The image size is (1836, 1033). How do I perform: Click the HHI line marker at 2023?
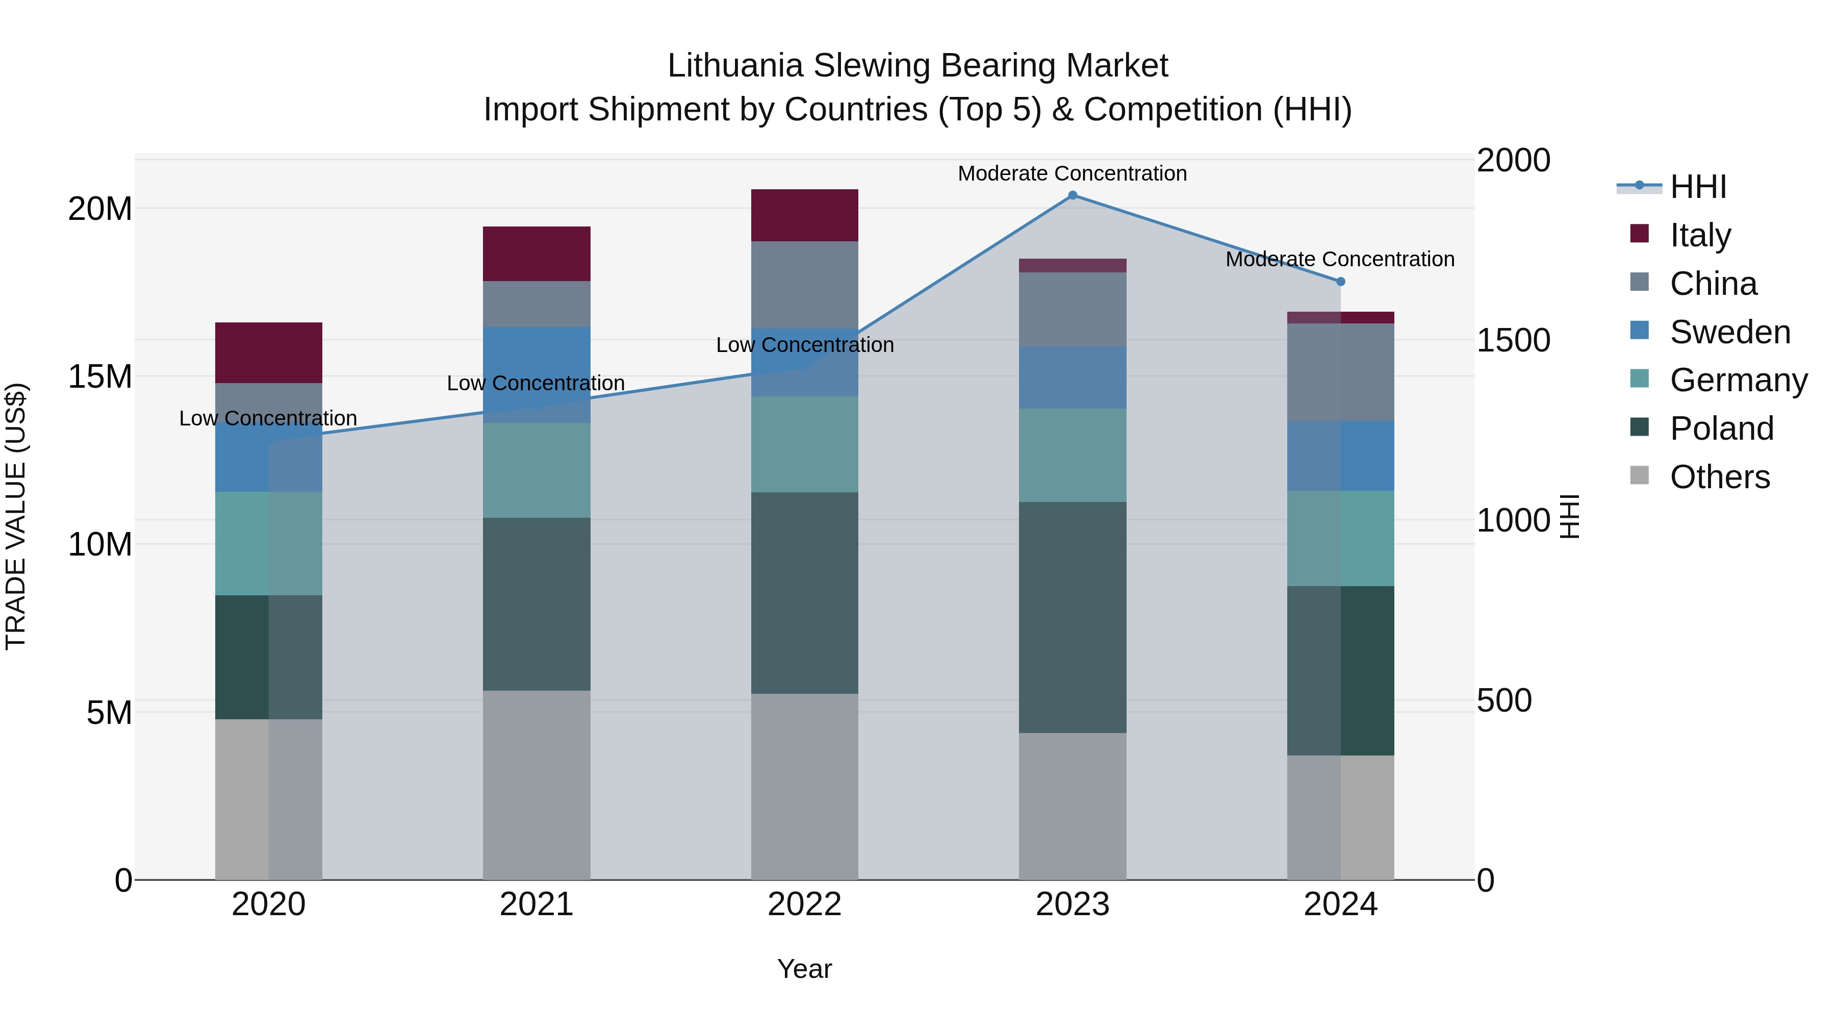(1072, 195)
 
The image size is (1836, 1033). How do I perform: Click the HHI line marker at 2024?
(1340, 282)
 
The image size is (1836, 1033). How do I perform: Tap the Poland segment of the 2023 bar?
(1072, 617)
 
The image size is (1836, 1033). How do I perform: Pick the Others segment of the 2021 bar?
(536, 784)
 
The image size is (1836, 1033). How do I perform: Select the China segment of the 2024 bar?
(1340, 372)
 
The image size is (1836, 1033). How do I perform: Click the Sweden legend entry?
(1729, 332)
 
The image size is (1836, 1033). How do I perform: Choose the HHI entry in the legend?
(1698, 187)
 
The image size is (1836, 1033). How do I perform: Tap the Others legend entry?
(1719, 477)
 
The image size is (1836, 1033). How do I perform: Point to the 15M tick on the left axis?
(100, 376)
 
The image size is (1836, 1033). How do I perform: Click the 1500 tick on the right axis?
(1513, 340)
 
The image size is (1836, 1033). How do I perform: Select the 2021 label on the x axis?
(536, 904)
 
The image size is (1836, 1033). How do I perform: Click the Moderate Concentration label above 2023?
(1072, 173)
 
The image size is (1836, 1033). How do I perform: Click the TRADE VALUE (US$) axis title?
(16, 516)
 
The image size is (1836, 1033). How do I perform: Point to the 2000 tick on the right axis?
(1513, 160)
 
